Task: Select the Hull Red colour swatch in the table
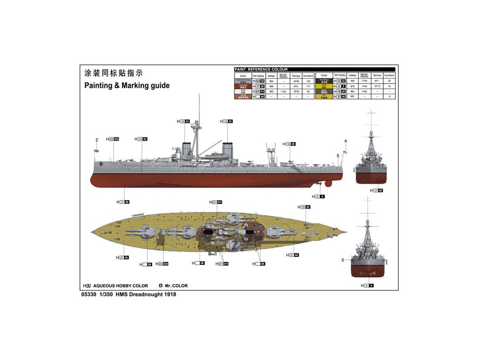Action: (x=243, y=86)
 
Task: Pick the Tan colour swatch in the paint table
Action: (x=324, y=96)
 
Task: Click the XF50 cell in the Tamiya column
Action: (x=296, y=81)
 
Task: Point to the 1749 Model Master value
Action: (x=364, y=81)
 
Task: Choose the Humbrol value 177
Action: (x=308, y=86)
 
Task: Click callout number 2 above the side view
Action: (x=96, y=140)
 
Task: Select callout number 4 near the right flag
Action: (x=345, y=141)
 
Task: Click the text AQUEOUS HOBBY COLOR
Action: (x=120, y=286)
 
